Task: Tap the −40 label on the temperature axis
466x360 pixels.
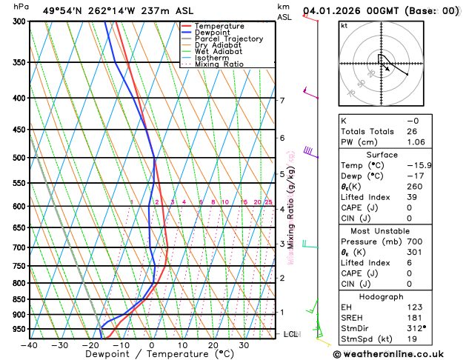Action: (29, 345)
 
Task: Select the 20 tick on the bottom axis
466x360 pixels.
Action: (213, 345)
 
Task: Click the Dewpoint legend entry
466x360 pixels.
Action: (212, 33)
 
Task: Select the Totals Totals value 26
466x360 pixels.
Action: (412, 131)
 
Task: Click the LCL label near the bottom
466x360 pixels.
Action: (290, 334)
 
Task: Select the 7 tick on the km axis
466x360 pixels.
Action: (282, 100)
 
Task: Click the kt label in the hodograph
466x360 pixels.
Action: (344, 25)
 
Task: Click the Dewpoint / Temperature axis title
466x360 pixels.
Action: (151, 355)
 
